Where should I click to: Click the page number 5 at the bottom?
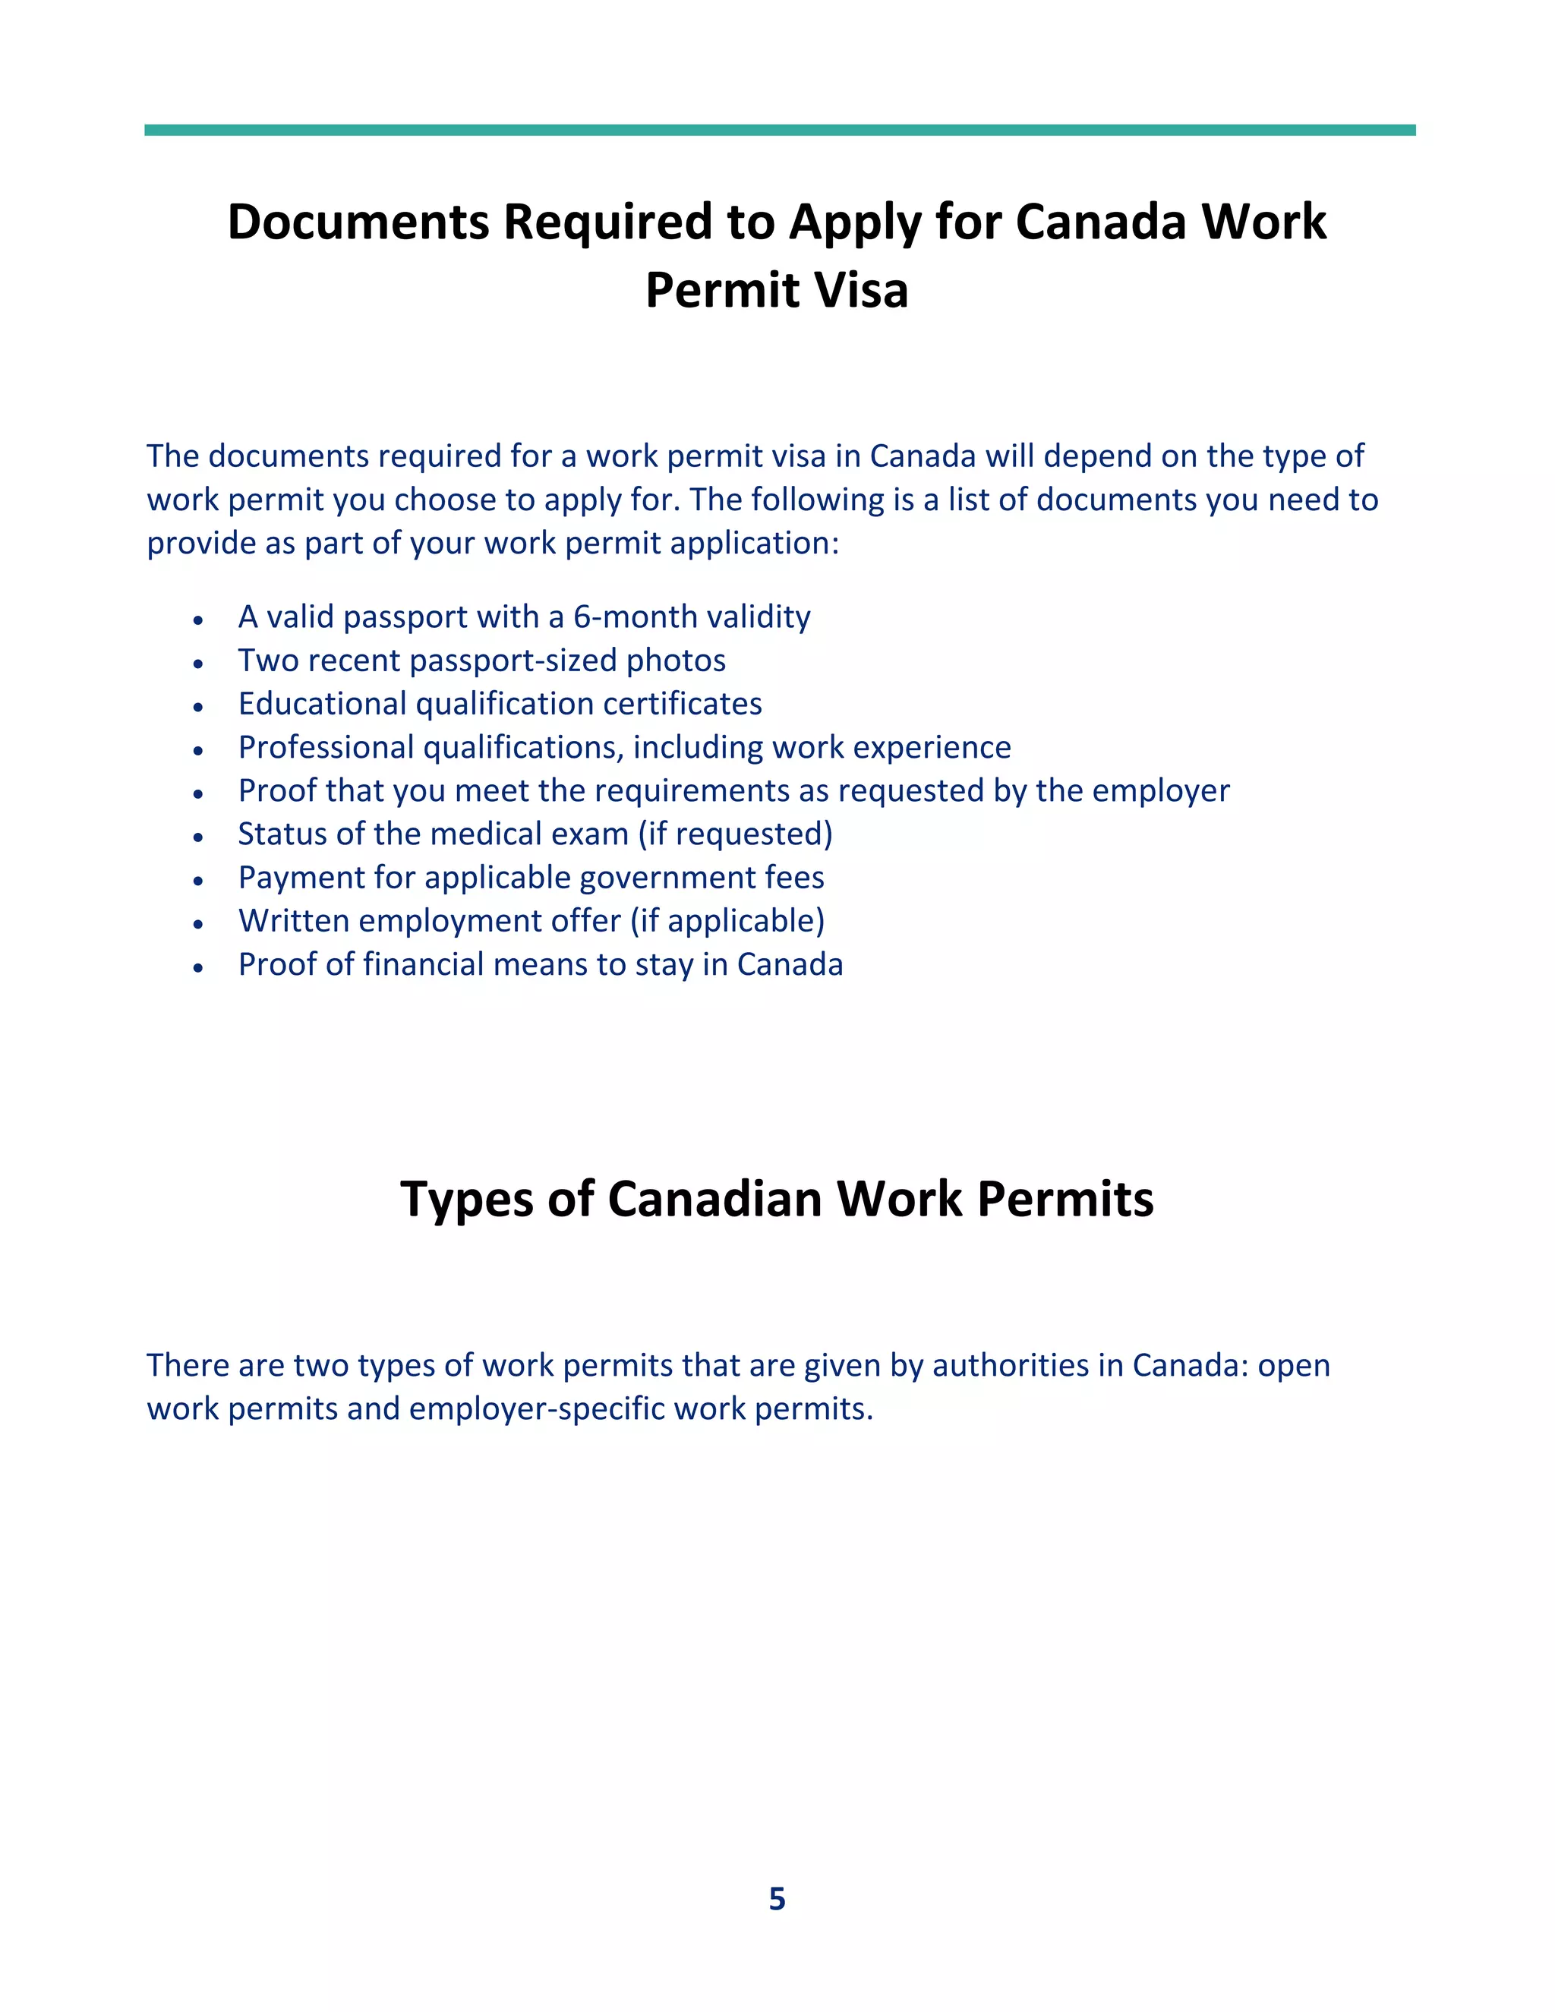pos(777,1899)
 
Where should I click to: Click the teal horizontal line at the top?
pos(779,130)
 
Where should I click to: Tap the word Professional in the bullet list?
pos(326,747)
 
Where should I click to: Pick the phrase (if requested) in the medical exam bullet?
pos(735,834)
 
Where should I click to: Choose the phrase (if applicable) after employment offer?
pos(727,920)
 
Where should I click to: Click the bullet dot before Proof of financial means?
pos(198,967)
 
